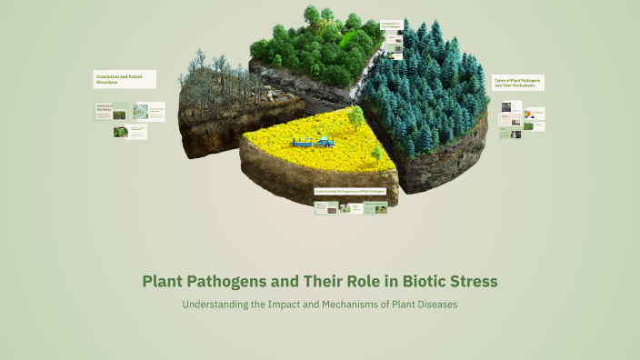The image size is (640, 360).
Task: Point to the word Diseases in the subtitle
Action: (432, 304)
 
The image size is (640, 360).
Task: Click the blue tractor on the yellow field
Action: (324, 141)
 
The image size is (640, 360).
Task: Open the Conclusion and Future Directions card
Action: (125, 79)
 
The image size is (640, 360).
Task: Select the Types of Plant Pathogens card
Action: (518, 83)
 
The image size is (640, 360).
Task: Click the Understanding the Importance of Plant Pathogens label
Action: (351, 192)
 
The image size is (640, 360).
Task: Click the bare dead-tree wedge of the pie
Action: (218, 105)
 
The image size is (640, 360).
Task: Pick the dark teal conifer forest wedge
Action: (432, 100)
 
